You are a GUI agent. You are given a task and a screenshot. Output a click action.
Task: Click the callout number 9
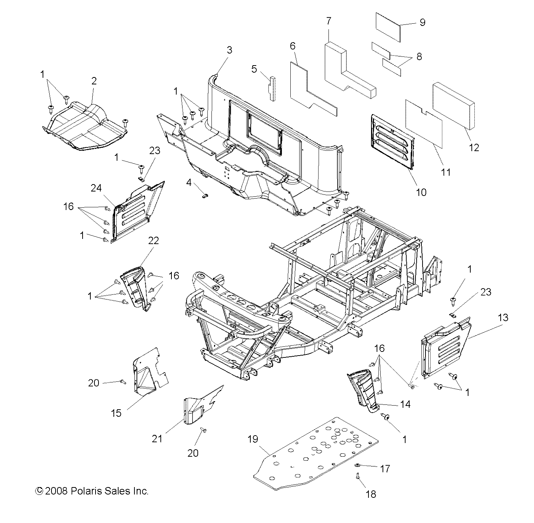tap(422, 22)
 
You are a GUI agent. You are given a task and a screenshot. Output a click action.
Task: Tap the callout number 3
tap(229, 50)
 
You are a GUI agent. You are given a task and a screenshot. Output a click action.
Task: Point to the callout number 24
tap(96, 189)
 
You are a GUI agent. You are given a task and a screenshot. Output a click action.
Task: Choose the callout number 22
tap(153, 240)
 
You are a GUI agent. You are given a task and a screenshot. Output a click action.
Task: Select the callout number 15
tap(116, 413)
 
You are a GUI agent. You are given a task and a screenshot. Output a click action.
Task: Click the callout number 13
tap(503, 317)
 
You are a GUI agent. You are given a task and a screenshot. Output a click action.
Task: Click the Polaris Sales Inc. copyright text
tap(91, 491)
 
